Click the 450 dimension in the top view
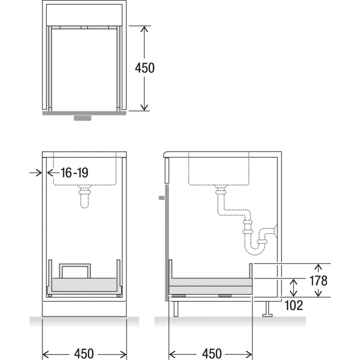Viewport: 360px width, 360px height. (x=144, y=68)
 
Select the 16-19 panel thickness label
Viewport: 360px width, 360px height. (x=74, y=173)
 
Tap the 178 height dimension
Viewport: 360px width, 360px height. (x=318, y=280)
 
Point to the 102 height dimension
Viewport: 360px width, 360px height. (x=294, y=306)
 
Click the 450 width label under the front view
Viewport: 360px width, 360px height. (x=84, y=354)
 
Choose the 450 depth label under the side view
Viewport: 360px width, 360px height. (x=211, y=354)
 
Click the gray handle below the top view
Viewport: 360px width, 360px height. (x=82, y=118)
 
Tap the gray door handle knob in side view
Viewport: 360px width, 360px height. (x=162, y=198)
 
